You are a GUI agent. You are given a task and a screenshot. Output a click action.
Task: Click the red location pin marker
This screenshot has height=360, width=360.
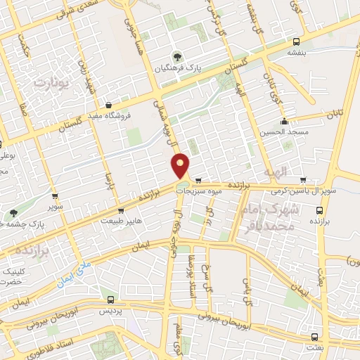181,166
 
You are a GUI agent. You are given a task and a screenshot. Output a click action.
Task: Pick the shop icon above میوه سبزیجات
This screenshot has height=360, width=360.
199,179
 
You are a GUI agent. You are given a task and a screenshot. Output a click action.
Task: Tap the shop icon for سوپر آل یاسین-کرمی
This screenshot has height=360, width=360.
303,179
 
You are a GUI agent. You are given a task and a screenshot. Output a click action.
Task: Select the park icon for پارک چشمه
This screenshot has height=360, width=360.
13,213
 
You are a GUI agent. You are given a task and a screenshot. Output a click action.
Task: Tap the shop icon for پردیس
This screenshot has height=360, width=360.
106,299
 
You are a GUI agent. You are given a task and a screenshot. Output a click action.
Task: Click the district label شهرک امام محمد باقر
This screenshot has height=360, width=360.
275,218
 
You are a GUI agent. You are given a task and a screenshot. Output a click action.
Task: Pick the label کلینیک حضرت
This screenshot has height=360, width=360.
15,276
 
